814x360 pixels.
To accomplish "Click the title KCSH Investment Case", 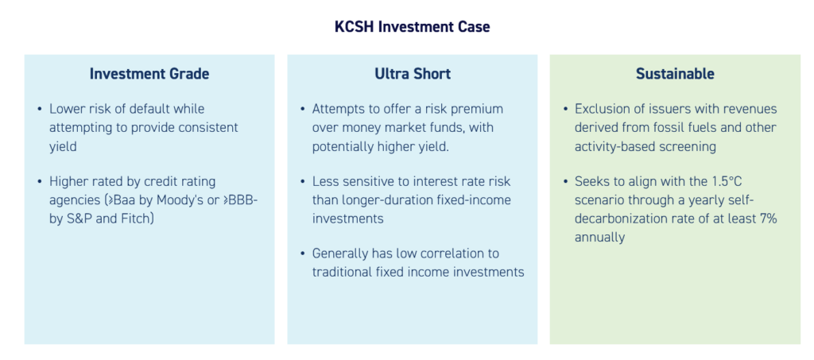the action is pos(413,27).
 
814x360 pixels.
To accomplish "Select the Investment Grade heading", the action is pos(149,74).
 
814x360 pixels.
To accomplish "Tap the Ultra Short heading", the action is pos(413,74).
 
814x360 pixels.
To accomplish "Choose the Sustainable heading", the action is pos(675,74).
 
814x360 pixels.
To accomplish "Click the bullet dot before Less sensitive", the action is pos(303,182).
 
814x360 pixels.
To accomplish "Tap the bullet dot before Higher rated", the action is pos(40,182).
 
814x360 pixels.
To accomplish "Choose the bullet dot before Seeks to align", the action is pos(565,182).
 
